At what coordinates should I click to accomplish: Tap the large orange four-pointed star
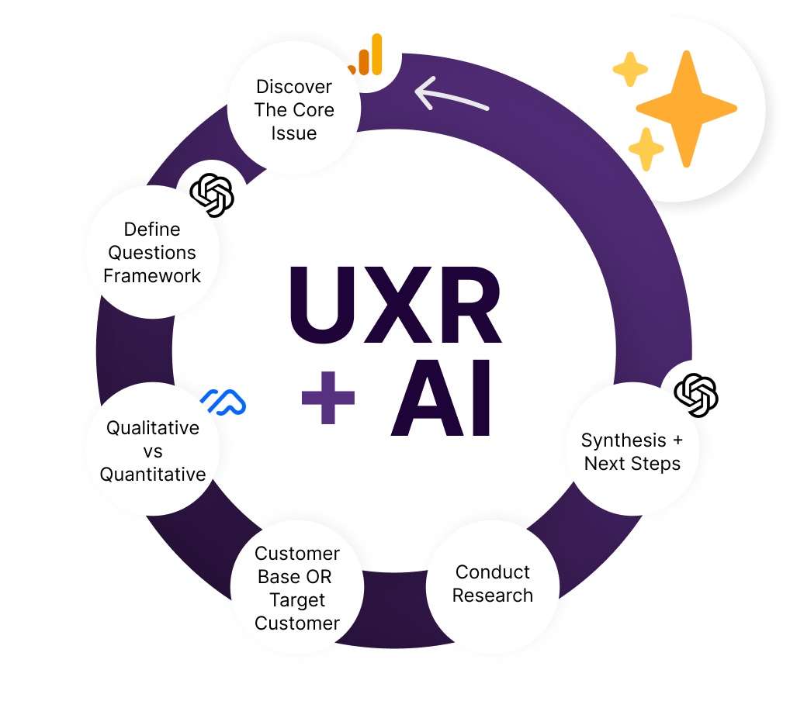pos(685,109)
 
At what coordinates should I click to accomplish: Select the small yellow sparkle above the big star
pos(630,71)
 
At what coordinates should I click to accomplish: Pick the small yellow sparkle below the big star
pos(646,149)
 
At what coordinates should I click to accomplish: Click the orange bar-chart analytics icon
pos(365,56)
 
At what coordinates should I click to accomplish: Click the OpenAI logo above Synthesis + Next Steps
pos(696,394)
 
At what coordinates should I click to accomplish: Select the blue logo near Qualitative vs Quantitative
pos(223,401)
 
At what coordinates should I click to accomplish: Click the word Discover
pos(294,87)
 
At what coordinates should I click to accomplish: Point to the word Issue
pos(294,133)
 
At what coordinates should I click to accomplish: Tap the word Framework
pos(152,276)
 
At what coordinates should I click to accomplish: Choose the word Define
pos(152,230)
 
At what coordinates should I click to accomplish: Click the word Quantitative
pos(153,475)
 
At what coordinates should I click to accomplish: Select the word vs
pos(153,451)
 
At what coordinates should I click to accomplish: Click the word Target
pos(297,600)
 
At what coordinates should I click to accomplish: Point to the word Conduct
pos(493,572)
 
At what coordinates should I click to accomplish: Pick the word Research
pos(493,596)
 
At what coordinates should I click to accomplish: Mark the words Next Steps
pos(632,464)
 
